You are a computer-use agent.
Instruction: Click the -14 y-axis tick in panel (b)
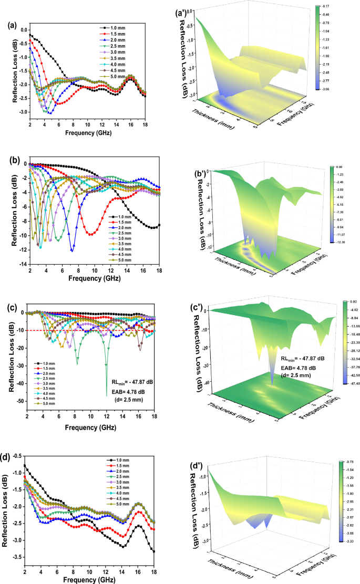point(22,264)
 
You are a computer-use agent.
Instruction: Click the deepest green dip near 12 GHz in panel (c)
point(107,395)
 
